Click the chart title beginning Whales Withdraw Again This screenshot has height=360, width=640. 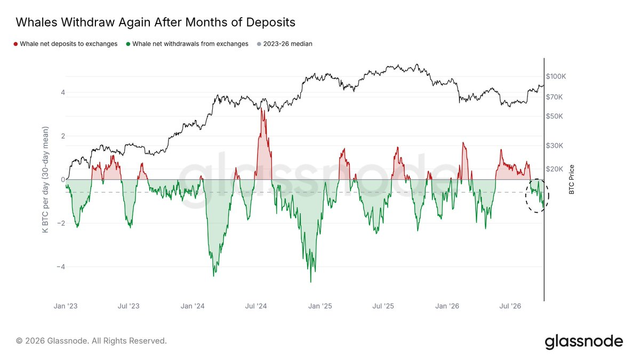click(155, 22)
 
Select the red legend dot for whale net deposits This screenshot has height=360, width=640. click(15, 44)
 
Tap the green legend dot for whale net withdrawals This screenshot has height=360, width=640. click(129, 44)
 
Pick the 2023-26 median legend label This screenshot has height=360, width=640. click(287, 44)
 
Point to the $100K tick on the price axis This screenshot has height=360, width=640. click(556, 77)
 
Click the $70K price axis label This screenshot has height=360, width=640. click(554, 97)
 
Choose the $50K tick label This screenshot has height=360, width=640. click(554, 116)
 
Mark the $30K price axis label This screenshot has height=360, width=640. click(554, 146)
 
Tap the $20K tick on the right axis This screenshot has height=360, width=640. click(554, 169)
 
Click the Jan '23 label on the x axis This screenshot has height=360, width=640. click(66, 306)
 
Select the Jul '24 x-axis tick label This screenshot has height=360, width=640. click(255, 306)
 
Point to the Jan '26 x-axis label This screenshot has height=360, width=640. click(447, 306)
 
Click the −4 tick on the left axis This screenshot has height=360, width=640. click(61, 267)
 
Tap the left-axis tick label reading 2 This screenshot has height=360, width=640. click(63, 136)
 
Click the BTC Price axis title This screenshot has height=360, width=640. click(571, 179)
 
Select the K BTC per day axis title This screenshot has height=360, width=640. click(45, 179)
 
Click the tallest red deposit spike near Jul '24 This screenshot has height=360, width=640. click(261, 109)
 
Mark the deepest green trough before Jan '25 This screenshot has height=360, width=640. click(310, 282)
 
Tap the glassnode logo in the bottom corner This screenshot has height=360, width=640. click(583, 341)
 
